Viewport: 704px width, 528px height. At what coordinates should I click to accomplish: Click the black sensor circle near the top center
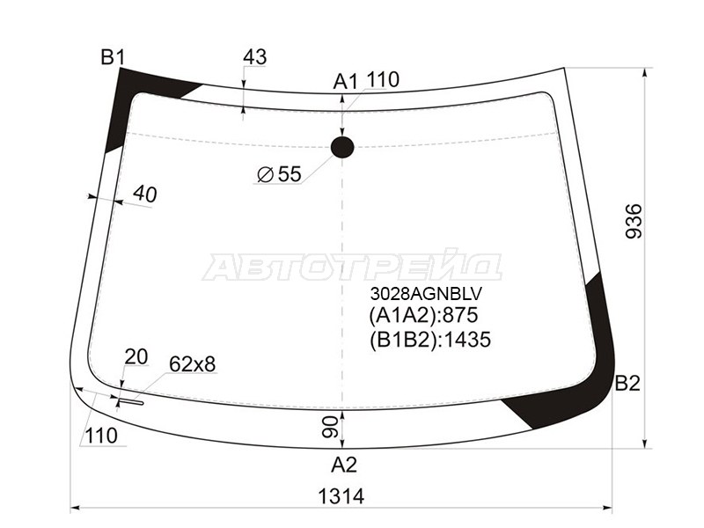coord(341,147)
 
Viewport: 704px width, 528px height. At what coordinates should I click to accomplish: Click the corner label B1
coord(113,58)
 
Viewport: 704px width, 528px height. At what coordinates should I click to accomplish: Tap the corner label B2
coord(627,384)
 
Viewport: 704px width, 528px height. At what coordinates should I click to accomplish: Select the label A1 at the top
coord(345,82)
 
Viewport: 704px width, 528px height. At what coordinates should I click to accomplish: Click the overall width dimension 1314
coord(342,496)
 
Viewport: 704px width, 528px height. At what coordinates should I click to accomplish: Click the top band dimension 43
coord(254,57)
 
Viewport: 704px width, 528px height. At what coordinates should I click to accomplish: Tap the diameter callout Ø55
coord(279,174)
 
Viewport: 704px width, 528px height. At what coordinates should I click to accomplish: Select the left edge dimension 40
coord(144,194)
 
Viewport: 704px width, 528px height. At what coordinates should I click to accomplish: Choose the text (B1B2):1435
coord(429,340)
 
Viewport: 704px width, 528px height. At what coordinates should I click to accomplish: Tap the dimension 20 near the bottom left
coord(136,356)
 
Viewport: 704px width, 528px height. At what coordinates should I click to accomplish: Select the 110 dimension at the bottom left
coord(102,435)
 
